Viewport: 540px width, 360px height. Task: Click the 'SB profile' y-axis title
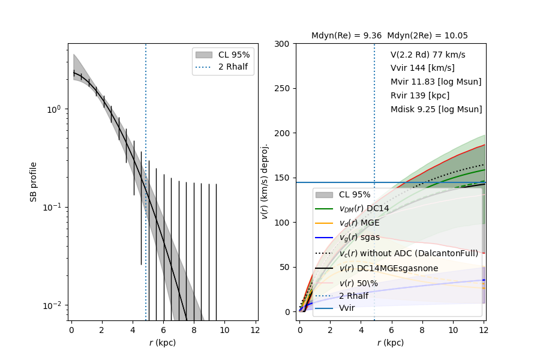tap(34, 181)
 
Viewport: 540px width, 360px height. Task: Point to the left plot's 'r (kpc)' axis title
tap(163, 343)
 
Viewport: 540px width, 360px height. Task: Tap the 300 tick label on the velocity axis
tap(283, 44)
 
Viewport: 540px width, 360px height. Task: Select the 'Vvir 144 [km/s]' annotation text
tap(422, 68)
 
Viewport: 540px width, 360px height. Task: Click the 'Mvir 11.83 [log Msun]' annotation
tap(436, 82)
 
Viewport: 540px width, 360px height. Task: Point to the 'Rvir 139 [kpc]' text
tap(420, 95)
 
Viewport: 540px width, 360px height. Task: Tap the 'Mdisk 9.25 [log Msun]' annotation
tap(436, 109)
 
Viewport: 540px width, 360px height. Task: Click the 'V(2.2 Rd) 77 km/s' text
tap(428, 54)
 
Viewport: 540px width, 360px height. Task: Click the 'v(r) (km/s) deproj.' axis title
tap(265, 181)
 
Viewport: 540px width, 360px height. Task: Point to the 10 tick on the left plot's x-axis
tap(224, 329)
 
